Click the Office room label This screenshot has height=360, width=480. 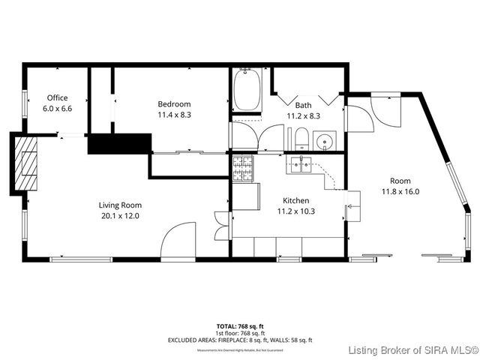click(57, 97)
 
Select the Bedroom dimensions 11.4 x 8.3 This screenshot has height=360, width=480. click(174, 115)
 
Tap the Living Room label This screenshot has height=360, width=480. click(120, 205)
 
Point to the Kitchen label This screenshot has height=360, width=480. click(295, 200)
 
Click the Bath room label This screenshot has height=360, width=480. click(303, 106)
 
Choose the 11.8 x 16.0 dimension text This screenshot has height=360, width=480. click(400, 191)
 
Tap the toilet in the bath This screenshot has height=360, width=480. click(299, 138)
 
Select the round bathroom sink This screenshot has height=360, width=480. click(325, 139)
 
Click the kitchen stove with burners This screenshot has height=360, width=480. click(242, 169)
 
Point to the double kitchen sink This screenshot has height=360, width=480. click(301, 165)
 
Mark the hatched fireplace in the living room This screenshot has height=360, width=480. click(28, 164)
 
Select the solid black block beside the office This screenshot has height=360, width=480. click(119, 143)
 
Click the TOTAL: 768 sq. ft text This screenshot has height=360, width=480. click(239, 326)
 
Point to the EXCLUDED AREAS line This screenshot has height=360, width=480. click(239, 340)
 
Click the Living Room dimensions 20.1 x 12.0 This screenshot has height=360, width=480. click(120, 215)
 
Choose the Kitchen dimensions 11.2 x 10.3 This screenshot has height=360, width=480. click(295, 211)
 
